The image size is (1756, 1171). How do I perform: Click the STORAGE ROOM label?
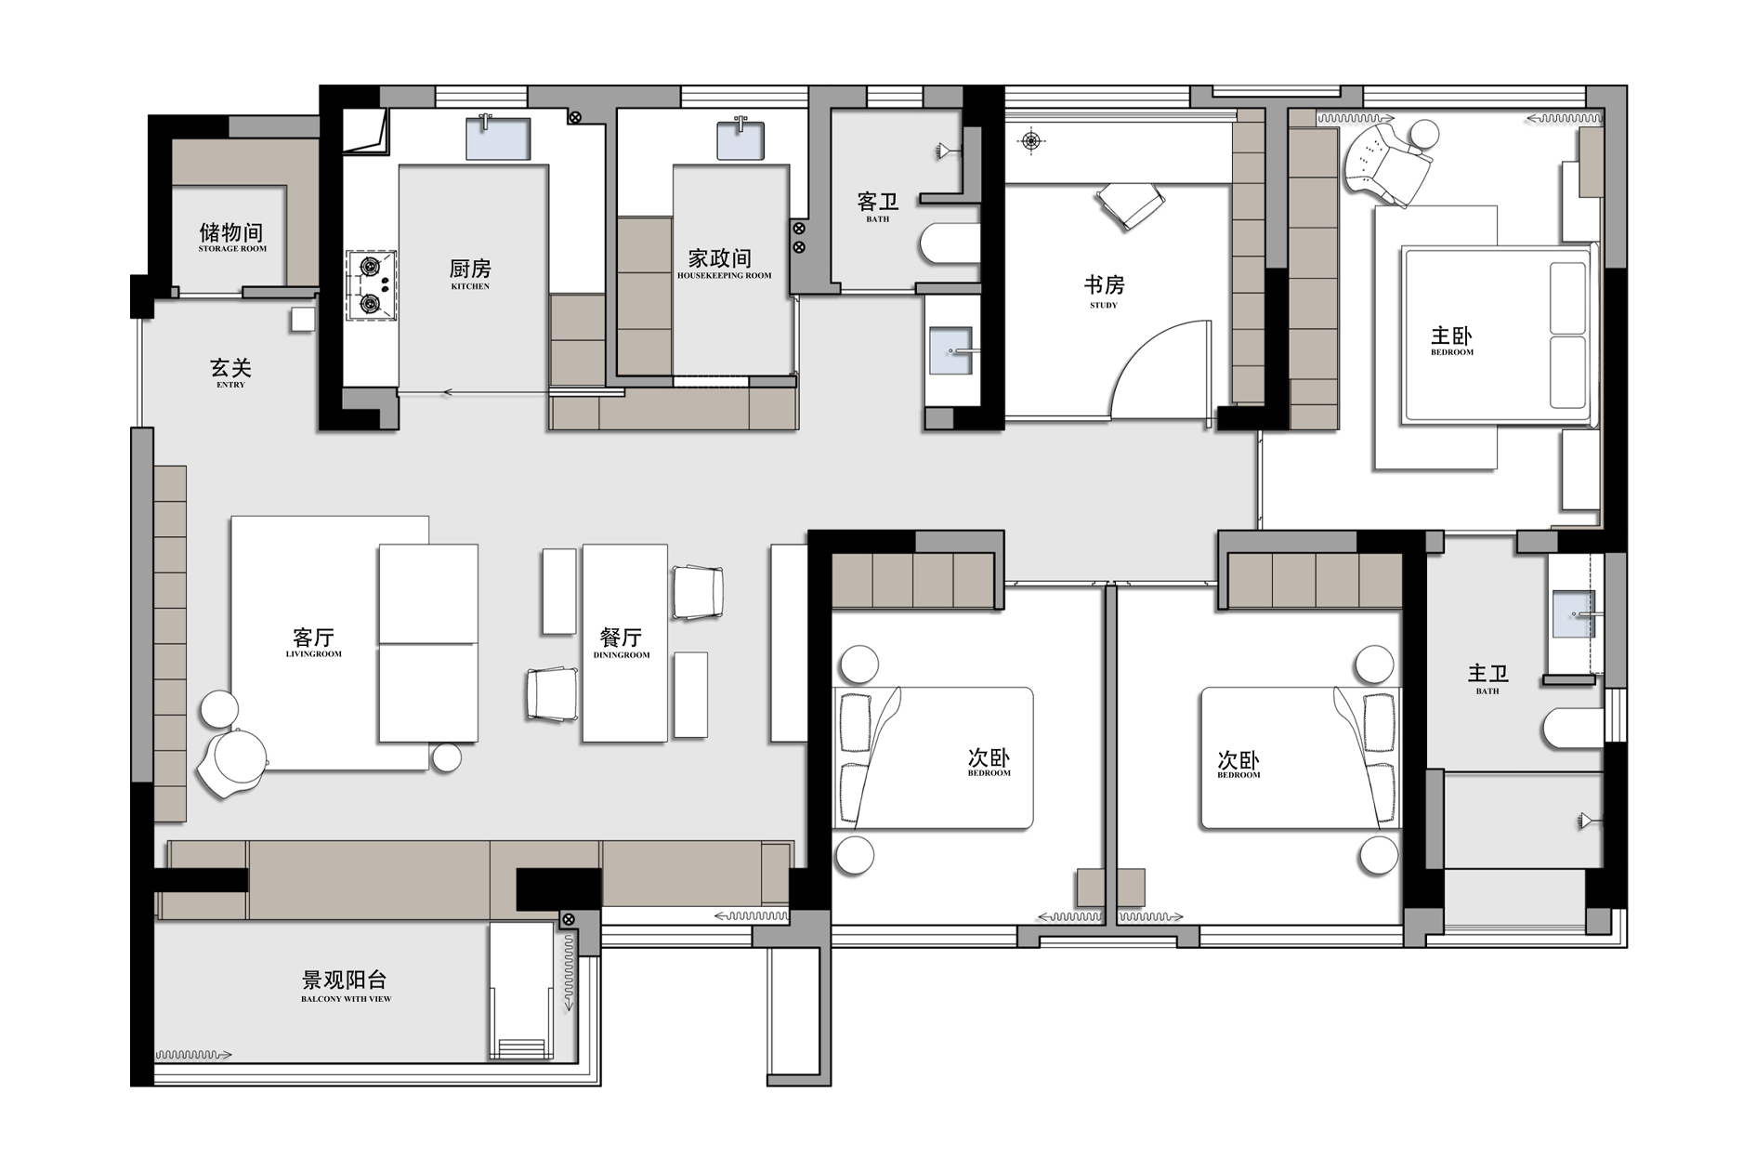232,249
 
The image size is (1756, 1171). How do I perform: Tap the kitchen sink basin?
498,139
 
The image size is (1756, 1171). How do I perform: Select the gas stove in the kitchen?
372,285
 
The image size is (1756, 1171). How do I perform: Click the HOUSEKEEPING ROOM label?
725,276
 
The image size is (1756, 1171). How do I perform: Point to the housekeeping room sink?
740,140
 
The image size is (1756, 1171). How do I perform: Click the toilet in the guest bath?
950,243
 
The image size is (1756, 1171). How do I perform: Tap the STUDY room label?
1104,305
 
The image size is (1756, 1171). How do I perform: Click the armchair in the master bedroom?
1390,162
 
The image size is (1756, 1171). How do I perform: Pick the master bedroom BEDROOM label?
1452,352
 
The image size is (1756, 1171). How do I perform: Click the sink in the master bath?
1573,614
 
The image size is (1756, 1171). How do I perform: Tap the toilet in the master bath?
1574,729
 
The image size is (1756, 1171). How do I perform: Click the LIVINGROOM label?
314,654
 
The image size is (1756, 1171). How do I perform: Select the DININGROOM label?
622,655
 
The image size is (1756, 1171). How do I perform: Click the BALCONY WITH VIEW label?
347,999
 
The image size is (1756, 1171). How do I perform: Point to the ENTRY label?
231,385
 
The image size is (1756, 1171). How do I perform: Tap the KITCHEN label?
470,286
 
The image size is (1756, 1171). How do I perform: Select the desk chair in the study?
1131,204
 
